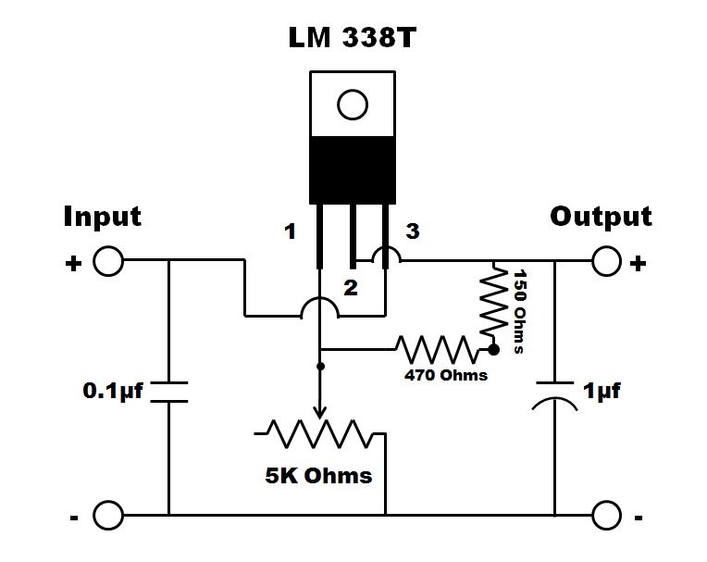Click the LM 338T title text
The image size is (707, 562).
[x=352, y=40]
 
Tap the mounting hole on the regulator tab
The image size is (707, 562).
[x=352, y=105]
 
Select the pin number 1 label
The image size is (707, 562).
[x=291, y=231]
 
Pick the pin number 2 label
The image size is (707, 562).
[x=350, y=288]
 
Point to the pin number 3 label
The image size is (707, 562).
[x=412, y=231]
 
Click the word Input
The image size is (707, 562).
[x=102, y=217]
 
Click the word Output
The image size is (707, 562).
[x=601, y=217]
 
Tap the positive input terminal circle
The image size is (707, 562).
[x=108, y=262]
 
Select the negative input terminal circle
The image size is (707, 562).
[x=108, y=514]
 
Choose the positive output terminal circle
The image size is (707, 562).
[x=606, y=262]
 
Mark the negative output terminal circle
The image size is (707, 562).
[x=606, y=514]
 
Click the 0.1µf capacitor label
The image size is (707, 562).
[x=113, y=391]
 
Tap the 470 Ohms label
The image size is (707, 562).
[x=446, y=376]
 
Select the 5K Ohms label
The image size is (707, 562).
[x=318, y=476]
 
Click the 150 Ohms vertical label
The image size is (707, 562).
[x=520, y=311]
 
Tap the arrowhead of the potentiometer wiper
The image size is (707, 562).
[x=320, y=413]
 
